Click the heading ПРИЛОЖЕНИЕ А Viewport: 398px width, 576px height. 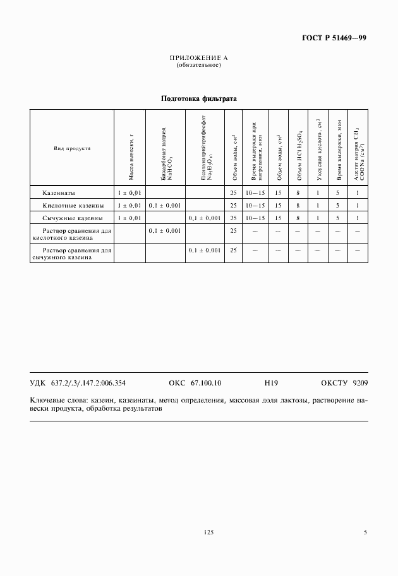click(198, 58)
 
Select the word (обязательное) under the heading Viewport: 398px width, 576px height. click(198, 64)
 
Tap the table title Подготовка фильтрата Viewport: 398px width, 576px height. click(198, 99)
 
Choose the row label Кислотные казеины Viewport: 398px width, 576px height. click(69, 205)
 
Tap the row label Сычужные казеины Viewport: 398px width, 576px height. click(68, 218)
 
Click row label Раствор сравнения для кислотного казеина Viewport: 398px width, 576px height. click(72, 235)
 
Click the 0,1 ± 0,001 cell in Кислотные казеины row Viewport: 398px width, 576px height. click(165, 205)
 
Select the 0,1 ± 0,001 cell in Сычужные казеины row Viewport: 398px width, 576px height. click(204, 218)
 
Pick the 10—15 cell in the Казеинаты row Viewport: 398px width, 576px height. click(255, 192)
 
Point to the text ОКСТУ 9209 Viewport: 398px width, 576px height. click(344, 383)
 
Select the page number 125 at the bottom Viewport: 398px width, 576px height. click(209, 533)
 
